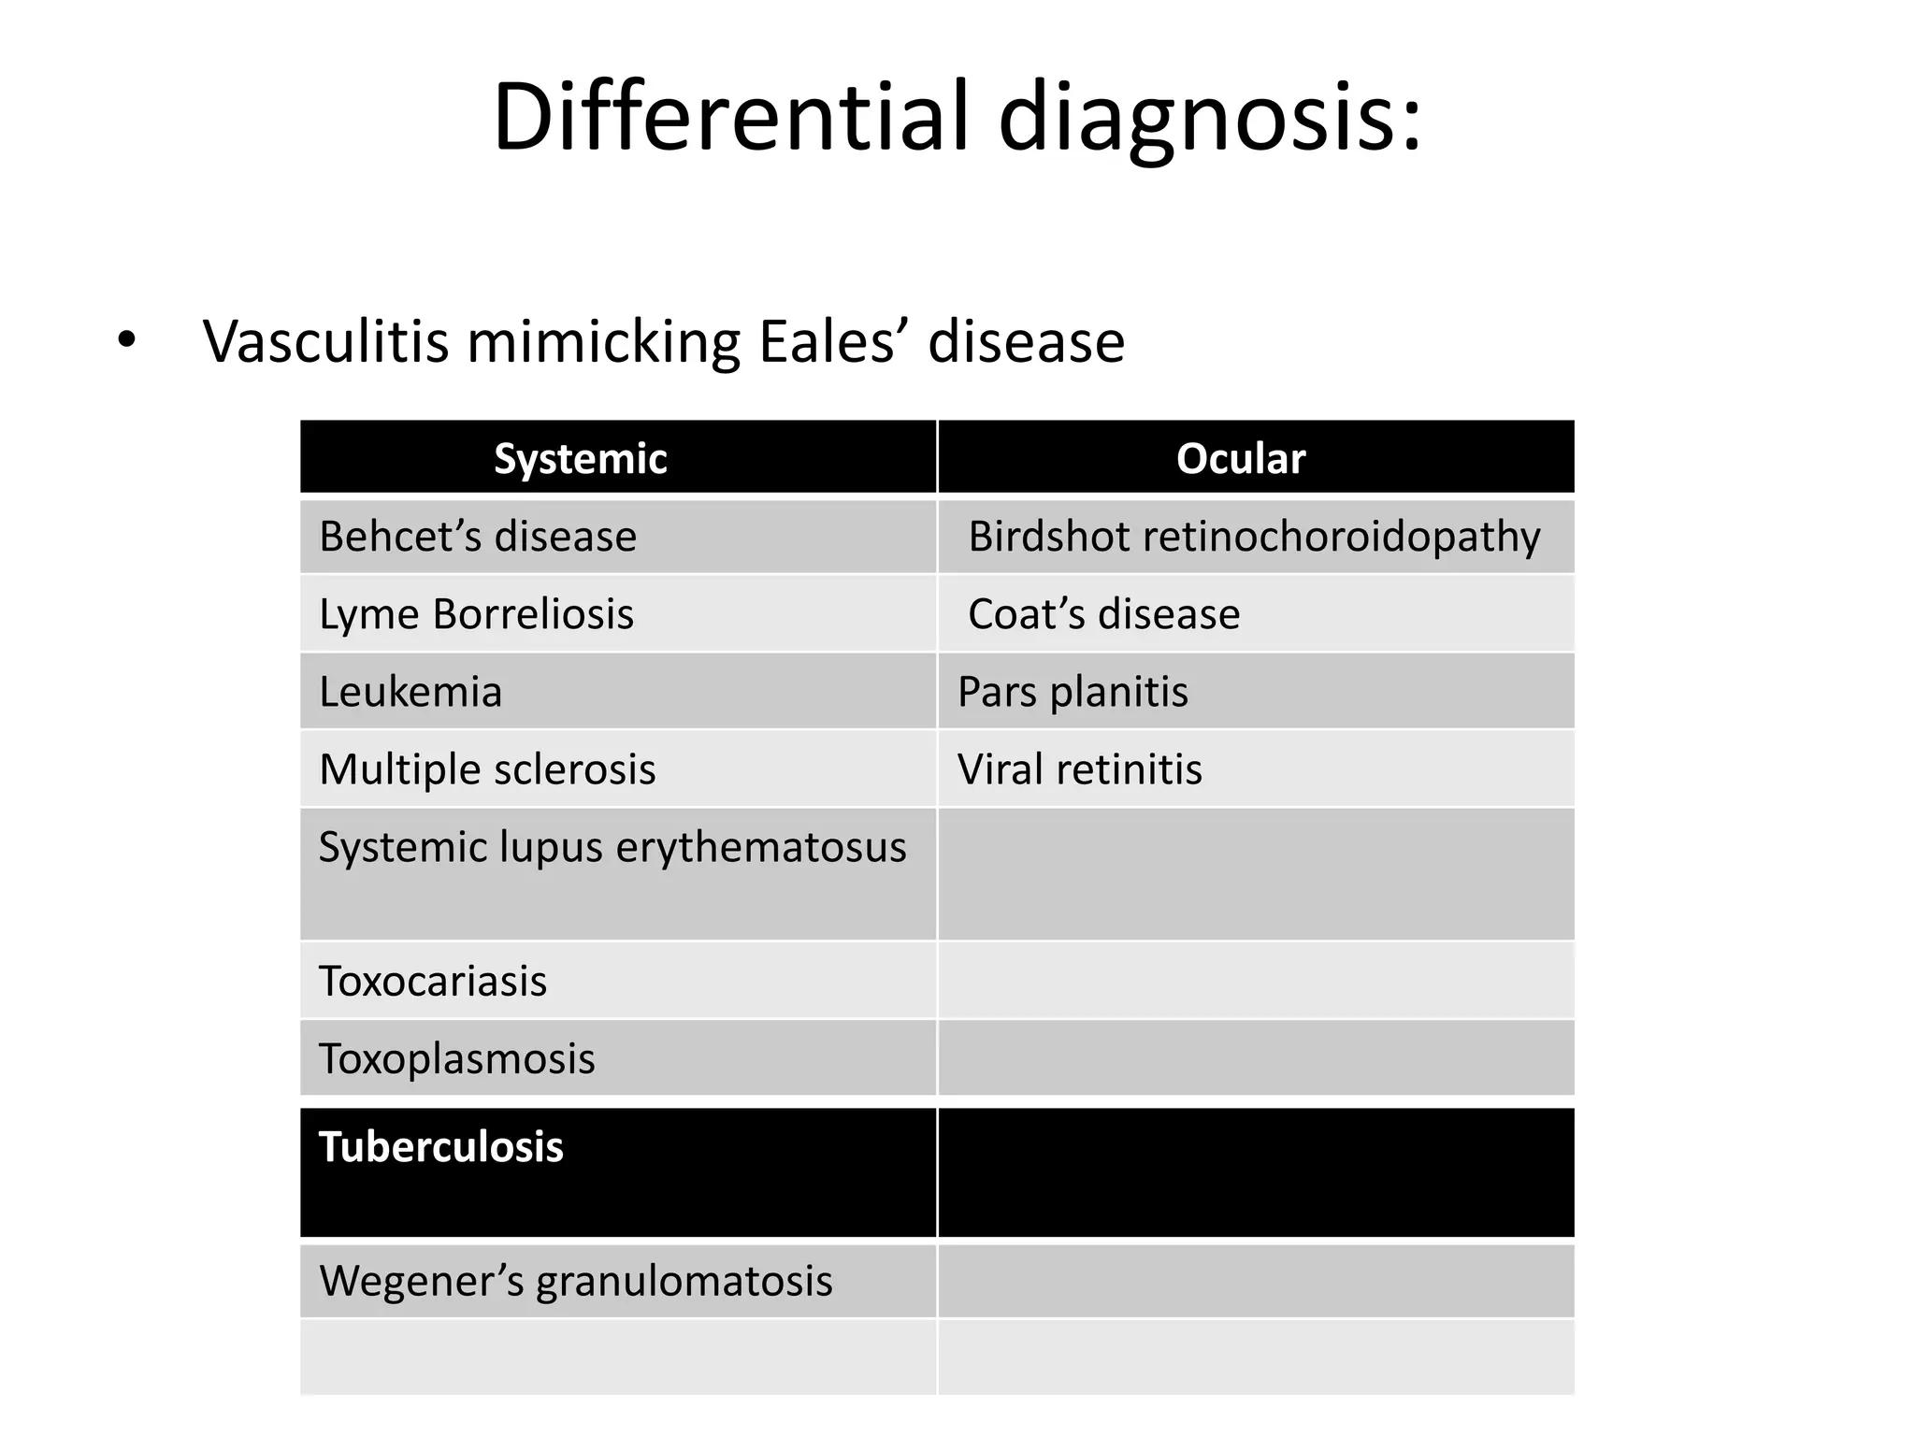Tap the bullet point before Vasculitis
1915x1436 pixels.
click(x=126, y=341)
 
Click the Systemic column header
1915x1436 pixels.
click(x=581, y=458)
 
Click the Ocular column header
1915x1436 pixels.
click(x=1240, y=458)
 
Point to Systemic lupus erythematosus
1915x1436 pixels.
click(x=612, y=847)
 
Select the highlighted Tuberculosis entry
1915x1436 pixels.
click(x=441, y=1147)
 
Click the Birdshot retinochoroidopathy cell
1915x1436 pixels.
click(x=1254, y=537)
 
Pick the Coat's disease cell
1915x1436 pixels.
click(x=1103, y=614)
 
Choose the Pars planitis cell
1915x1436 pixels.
click(x=1073, y=692)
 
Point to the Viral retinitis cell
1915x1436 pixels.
click(x=1079, y=769)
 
